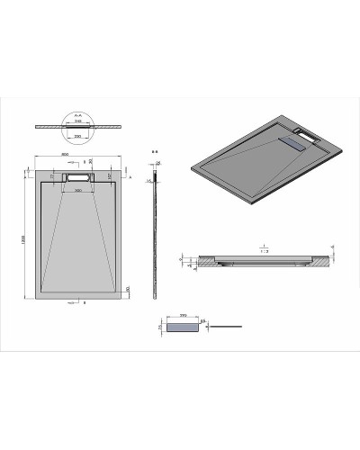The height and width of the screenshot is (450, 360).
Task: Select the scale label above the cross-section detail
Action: point(264,245)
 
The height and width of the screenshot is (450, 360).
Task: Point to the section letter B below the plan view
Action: point(84,303)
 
